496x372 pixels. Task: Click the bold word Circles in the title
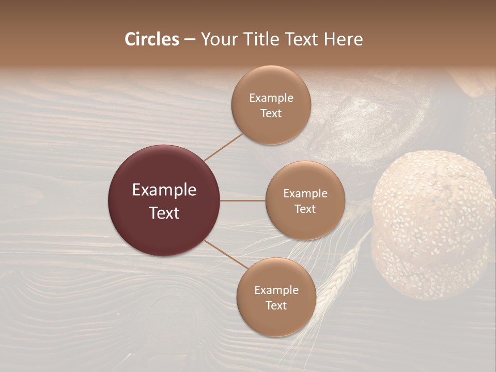152,39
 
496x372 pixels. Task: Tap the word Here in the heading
343,39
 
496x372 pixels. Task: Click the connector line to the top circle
223,147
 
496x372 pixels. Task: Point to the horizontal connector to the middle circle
242,200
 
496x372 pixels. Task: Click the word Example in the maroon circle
164,190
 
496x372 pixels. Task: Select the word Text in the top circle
271,114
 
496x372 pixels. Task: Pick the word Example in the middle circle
305,194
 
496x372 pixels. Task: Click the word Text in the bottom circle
276,306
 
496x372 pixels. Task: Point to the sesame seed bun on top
433,199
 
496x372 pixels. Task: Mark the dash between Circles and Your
190,39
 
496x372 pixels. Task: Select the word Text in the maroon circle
164,213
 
